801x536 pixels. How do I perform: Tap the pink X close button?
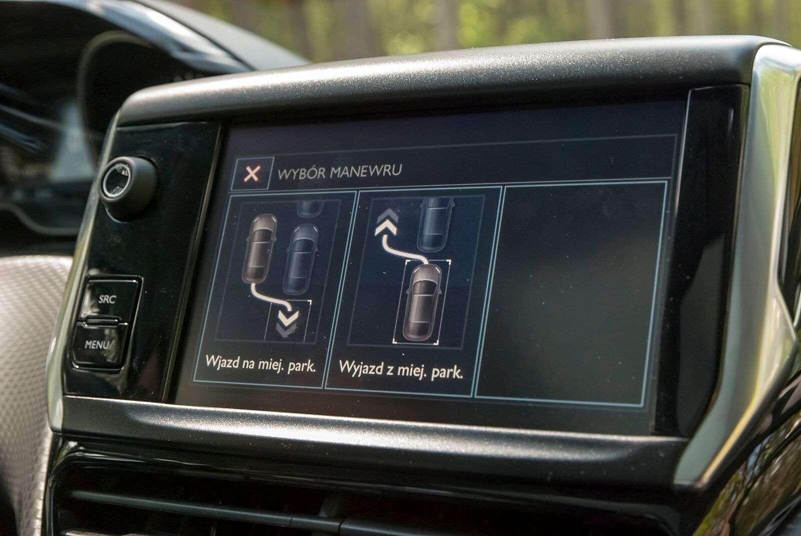252,174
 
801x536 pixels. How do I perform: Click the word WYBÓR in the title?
301,174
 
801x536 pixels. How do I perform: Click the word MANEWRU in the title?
365,171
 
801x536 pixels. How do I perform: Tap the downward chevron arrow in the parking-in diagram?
288,323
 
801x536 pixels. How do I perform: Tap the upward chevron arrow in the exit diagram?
386,222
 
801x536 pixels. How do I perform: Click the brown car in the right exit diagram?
423,302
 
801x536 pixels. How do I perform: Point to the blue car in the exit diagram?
435,224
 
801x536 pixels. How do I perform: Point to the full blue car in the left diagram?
301,259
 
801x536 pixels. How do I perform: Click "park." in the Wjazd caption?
302,367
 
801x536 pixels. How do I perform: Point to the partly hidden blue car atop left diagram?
310,209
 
